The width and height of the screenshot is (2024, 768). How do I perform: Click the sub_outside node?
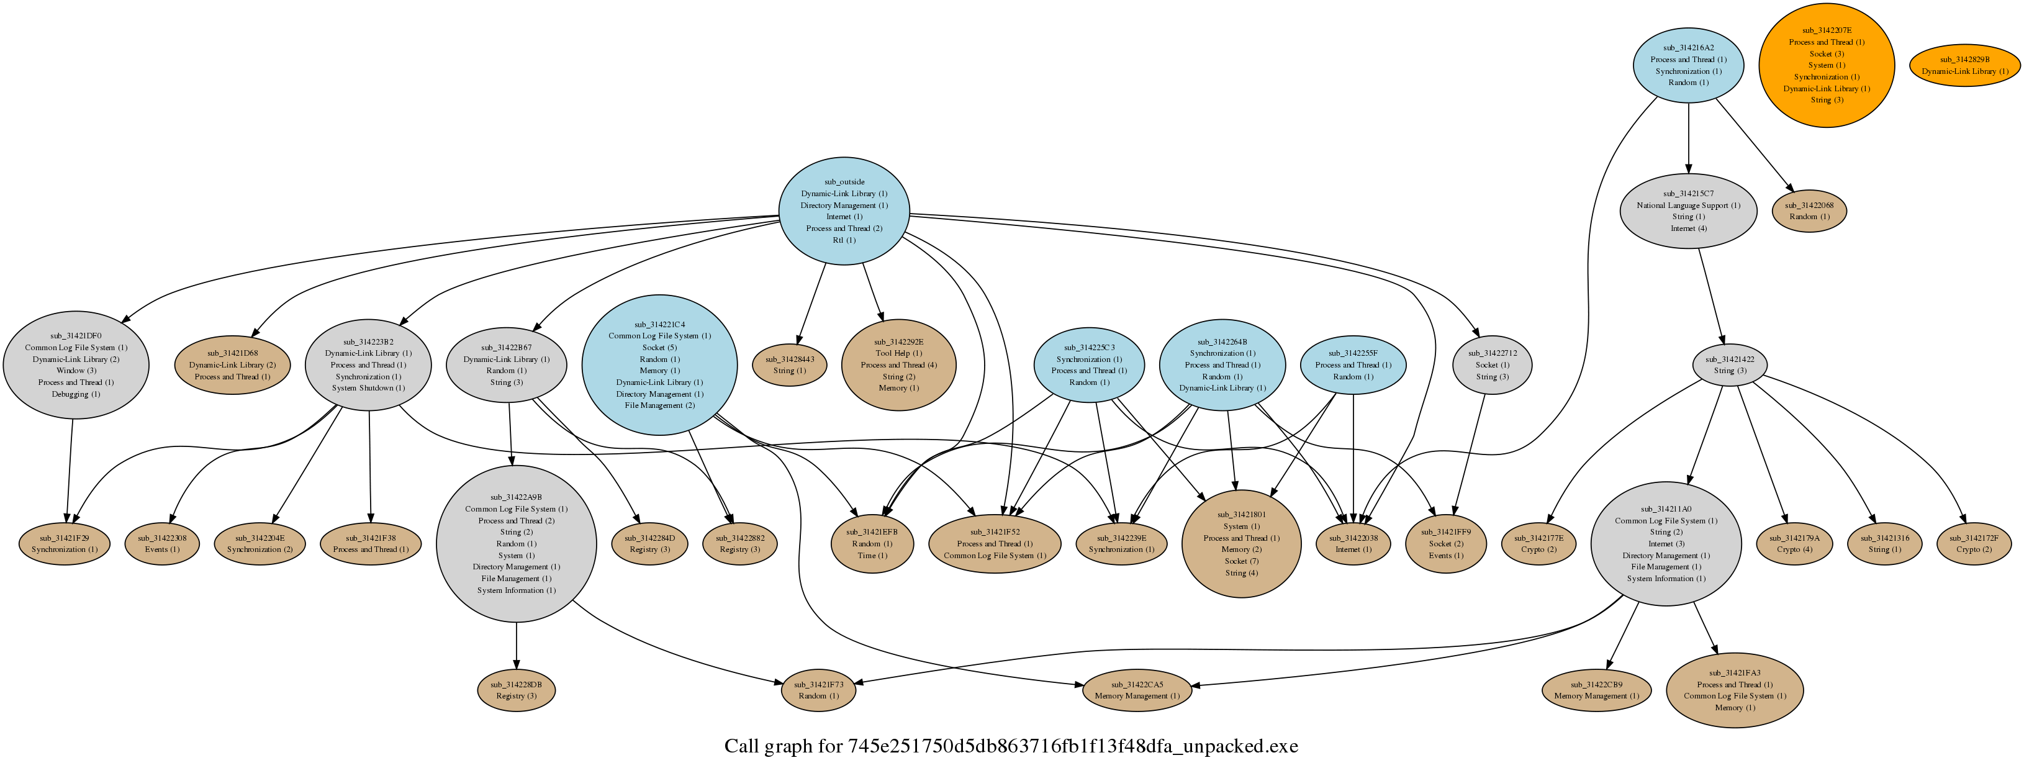click(x=844, y=210)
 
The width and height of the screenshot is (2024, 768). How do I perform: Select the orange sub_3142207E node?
click(x=1826, y=65)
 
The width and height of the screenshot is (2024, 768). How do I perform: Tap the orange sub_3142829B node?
click(x=1964, y=65)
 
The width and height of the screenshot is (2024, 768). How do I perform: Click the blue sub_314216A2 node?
click(x=1687, y=65)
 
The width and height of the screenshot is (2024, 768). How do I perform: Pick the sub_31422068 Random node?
click(x=1809, y=210)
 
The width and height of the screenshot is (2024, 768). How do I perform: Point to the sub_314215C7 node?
click(x=1687, y=210)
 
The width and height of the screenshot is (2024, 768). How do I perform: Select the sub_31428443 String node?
click(x=789, y=364)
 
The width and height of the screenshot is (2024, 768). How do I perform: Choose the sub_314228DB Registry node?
click(x=516, y=690)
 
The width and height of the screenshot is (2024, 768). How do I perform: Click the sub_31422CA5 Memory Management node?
click(x=1136, y=690)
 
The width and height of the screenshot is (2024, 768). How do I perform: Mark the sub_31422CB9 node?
click(x=1596, y=690)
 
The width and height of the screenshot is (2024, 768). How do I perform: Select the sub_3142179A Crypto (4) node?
click(x=1794, y=544)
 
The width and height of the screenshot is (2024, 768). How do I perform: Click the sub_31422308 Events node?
click(x=162, y=544)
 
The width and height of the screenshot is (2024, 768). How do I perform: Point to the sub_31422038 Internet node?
click(x=1353, y=544)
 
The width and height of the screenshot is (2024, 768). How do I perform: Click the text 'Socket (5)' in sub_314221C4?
click(x=659, y=348)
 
